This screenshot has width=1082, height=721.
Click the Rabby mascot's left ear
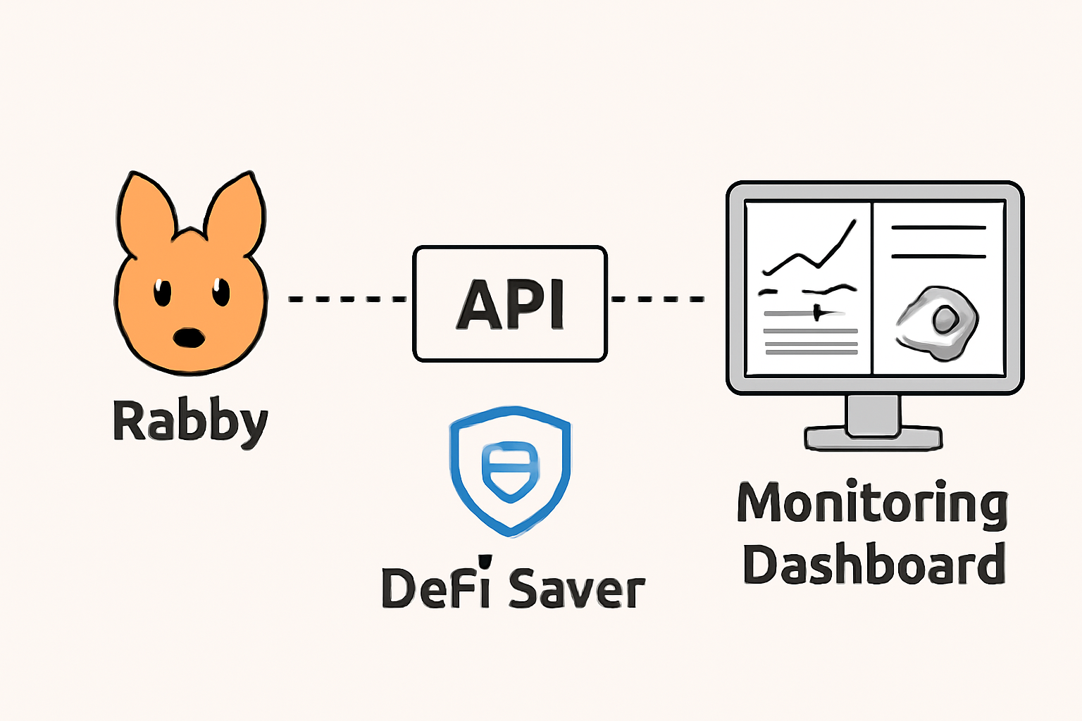144,211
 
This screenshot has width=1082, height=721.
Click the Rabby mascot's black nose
189,338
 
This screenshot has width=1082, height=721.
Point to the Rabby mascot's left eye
163,292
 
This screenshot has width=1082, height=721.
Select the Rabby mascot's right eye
221,291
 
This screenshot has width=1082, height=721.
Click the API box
509,303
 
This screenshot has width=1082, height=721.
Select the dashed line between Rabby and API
347,299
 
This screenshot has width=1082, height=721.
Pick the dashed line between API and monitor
657,299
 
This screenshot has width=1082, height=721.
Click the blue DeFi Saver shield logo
510,470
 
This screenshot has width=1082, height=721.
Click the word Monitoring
872,504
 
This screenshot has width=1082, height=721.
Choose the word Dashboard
873,565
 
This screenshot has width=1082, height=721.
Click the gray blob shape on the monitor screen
937,323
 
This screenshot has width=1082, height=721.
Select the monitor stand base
873,438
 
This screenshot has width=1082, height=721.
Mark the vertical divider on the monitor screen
872,289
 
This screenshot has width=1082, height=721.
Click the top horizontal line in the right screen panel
938,228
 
